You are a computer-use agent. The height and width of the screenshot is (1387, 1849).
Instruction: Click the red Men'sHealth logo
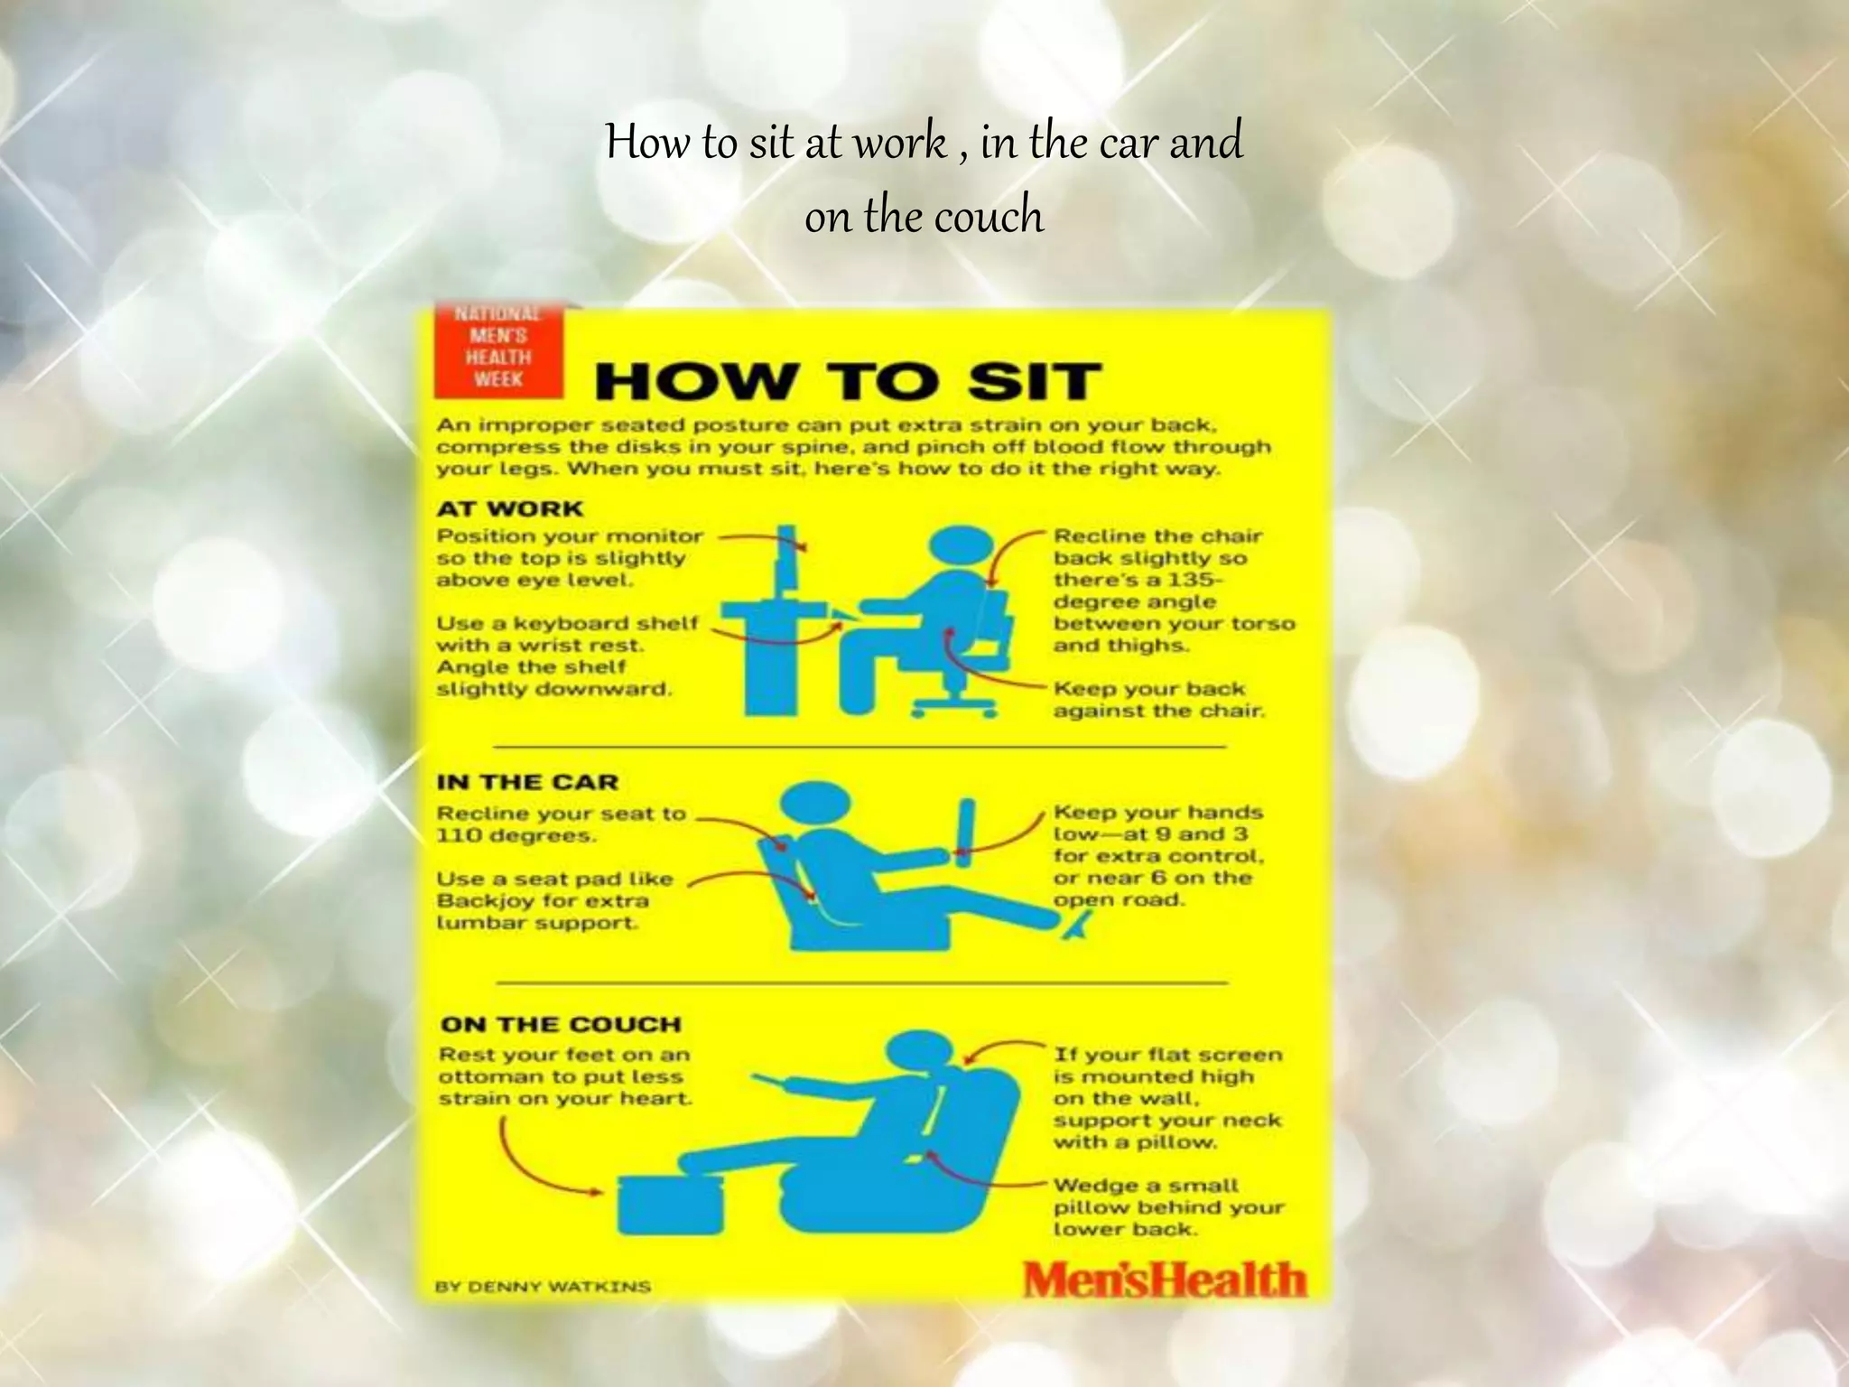[x=1164, y=1279]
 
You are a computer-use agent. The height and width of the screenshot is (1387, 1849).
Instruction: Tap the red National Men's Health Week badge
[x=498, y=352]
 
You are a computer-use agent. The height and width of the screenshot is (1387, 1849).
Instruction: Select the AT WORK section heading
[x=510, y=508]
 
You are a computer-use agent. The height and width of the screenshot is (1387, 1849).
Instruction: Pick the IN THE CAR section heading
[x=527, y=782]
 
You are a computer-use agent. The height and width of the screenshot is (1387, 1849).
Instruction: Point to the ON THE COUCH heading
[x=561, y=1025]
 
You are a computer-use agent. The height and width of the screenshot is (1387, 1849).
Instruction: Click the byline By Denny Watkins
[x=543, y=1287]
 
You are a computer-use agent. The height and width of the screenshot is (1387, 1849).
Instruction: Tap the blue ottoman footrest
[x=670, y=1204]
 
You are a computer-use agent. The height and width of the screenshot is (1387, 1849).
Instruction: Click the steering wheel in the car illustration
[x=966, y=826]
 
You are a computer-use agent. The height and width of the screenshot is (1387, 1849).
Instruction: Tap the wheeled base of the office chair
[x=954, y=707]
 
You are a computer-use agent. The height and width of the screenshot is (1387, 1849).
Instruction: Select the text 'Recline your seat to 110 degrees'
[x=561, y=824]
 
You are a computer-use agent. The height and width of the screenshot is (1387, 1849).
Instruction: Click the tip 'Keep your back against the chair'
[x=1158, y=700]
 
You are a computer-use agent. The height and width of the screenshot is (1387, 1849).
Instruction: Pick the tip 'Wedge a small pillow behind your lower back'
[x=1167, y=1207]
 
